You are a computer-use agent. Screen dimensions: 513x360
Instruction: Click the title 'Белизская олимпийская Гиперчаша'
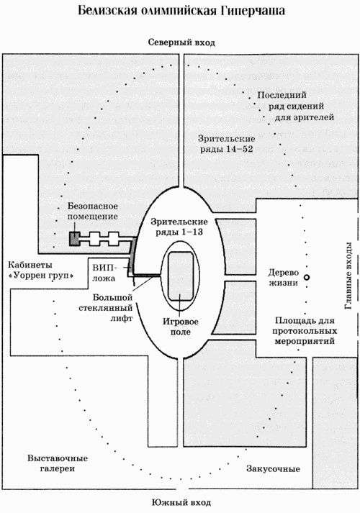point(181,12)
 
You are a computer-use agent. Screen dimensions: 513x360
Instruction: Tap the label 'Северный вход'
point(181,43)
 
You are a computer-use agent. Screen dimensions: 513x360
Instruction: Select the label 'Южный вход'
point(180,501)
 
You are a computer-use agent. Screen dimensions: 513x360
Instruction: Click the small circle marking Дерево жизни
point(307,277)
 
